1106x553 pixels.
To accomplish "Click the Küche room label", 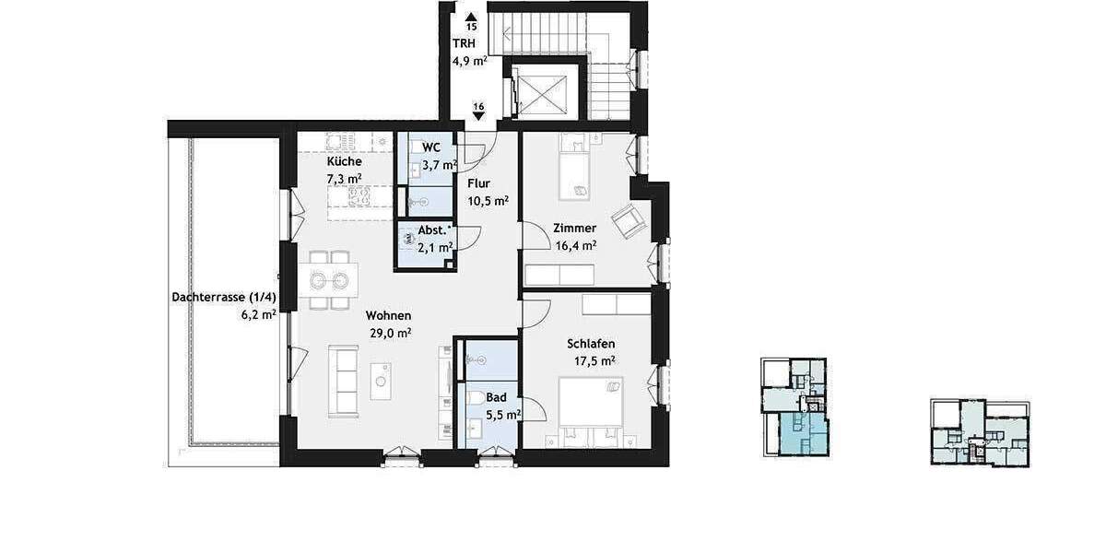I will [330, 161].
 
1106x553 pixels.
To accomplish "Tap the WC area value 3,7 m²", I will [440, 166].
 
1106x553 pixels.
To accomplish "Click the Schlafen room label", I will [591, 344].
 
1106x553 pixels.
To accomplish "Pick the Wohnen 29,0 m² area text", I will [390, 333].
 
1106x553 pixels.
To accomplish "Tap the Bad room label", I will [496, 397].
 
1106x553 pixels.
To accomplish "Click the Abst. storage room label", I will [435, 230].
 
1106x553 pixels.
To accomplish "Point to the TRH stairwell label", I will [464, 44].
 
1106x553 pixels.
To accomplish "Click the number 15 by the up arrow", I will [472, 28].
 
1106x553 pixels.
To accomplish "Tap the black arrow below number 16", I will [478, 117].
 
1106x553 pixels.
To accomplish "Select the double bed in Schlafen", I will [591, 406].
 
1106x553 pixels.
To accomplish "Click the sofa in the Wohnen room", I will [345, 382].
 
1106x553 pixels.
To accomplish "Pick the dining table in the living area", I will [328, 279].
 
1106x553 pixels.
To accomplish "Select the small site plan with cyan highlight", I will [794, 408].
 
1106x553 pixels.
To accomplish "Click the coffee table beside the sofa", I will [381, 381].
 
